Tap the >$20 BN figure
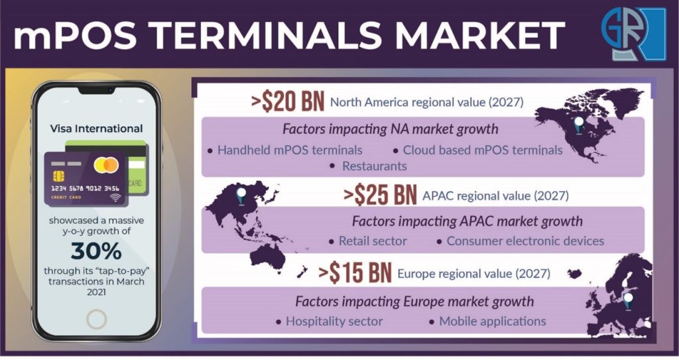tap(288, 102)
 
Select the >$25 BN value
tap(380, 195)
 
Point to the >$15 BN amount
tap(355, 273)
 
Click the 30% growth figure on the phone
tap(96, 251)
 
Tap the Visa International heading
tap(96, 129)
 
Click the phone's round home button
tap(96, 320)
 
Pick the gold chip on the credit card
tap(58, 176)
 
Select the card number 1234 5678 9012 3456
tap(85, 188)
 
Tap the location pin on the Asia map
tap(241, 196)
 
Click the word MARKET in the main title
tap(479, 34)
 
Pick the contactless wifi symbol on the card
tap(115, 198)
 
